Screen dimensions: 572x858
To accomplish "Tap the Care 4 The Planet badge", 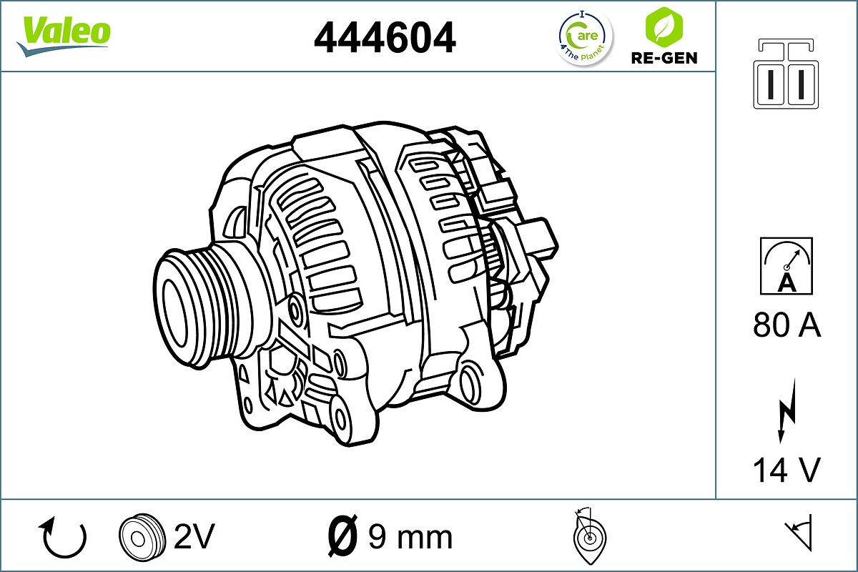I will coord(585,38).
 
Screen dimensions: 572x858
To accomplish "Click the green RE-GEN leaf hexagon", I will coord(663,26).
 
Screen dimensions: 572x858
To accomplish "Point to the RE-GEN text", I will coord(664,58).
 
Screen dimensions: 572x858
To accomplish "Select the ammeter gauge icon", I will coord(786,265).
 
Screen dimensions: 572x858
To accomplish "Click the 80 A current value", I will coord(786,325).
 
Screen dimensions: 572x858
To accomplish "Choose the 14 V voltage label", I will coord(786,470).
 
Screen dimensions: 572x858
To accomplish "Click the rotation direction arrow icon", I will coord(64,538).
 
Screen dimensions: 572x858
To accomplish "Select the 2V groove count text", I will coord(194,536).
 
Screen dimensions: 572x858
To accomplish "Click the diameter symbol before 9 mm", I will coord(342,536).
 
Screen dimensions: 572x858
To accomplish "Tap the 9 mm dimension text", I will coord(410,536).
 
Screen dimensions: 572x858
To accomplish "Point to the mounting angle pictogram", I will coord(588,536).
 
